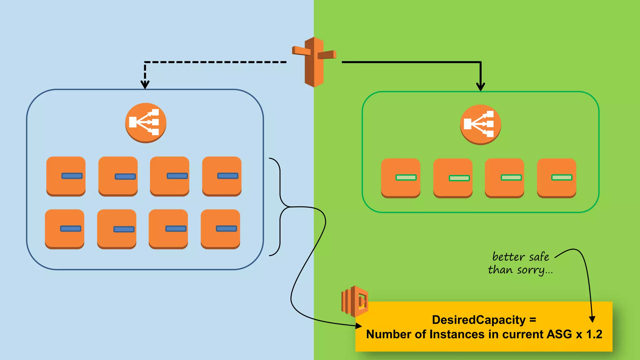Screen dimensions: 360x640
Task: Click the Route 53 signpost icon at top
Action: coord(314,62)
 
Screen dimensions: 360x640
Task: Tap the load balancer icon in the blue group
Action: coord(146,122)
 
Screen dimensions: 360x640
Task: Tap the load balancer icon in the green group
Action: coord(480,124)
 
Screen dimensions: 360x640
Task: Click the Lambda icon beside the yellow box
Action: coord(355,301)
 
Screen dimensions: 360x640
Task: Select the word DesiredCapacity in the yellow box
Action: coord(478,320)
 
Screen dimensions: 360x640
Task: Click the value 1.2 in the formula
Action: coord(594,334)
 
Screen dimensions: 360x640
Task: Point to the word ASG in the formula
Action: coord(559,334)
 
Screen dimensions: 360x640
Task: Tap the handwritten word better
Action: coord(508,257)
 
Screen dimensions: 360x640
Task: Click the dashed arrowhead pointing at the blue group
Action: coord(145,85)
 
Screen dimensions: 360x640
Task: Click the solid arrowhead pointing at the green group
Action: coord(480,87)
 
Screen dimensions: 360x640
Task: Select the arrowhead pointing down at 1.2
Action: coord(592,319)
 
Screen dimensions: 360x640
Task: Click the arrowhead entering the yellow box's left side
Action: coord(358,326)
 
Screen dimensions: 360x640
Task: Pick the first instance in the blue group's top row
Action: coord(66,176)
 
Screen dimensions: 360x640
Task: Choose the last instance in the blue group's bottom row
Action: coord(220,229)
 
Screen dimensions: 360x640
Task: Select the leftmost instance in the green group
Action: coord(401,177)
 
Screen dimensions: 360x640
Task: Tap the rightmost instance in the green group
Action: coord(556,177)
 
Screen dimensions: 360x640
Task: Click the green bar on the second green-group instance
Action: coord(459,178)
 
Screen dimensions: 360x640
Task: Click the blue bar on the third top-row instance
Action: coord(177,176)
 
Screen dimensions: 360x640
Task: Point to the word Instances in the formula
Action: coord(457,334)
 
